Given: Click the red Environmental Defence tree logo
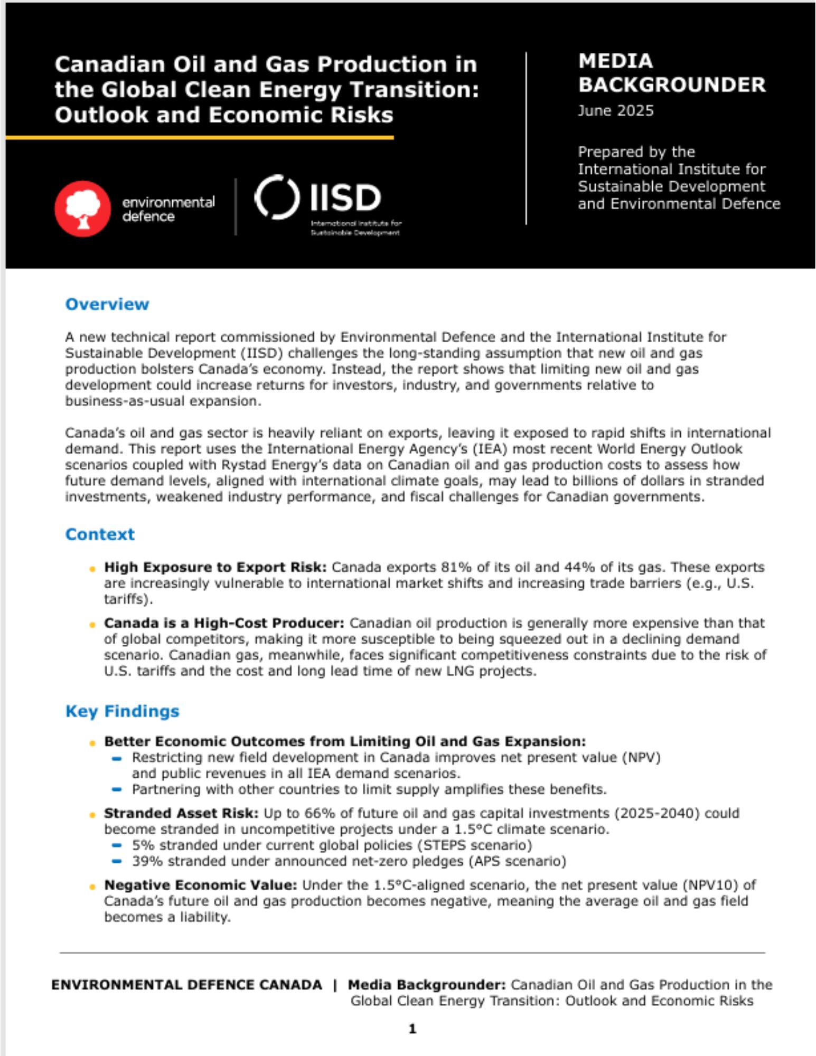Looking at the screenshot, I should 83,209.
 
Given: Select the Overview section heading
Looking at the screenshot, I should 107,304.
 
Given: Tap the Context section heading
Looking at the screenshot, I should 100,534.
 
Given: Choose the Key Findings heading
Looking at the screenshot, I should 122,711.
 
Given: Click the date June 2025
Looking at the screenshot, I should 615,111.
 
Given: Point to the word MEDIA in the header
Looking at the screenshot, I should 615,61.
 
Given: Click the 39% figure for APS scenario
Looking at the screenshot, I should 143,861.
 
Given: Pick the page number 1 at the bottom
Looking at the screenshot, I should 412,1029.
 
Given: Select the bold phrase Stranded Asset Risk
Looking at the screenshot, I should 181,813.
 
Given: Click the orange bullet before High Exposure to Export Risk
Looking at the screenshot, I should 92,569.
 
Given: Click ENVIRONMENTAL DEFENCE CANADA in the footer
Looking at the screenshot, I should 186,985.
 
